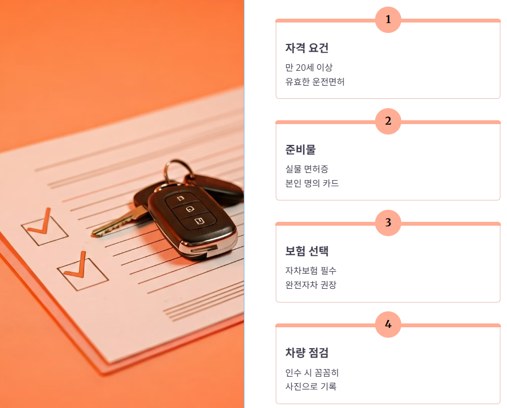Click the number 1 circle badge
point(388,20)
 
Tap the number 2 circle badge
point(388,121)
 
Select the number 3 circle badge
point(388,223)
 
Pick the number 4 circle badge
point(388,325)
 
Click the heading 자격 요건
point(307,48)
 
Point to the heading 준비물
point(300,150)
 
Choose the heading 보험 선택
point(307,251)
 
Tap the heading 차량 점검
point(307,353)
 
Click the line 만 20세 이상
point(309,68)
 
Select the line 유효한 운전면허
point(315,82)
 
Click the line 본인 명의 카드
point(312,183)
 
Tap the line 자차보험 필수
point(310,271)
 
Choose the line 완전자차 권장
point(310,285)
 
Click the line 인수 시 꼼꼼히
point(312,373)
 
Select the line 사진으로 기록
point(310,387)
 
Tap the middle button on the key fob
point(190,209)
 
